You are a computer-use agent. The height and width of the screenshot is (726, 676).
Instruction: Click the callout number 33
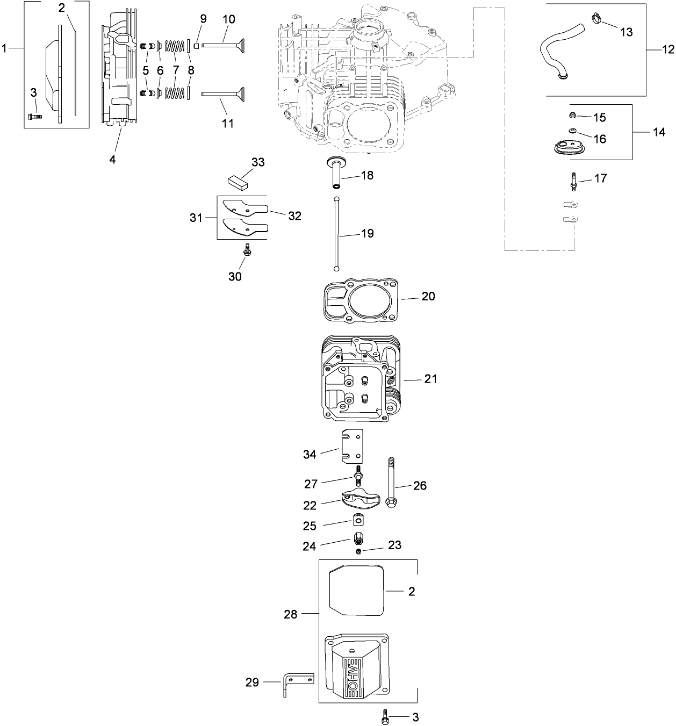pos(258,162)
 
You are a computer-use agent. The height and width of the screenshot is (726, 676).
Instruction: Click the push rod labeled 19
pos(336,234)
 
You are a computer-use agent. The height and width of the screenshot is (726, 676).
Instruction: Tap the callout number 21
pos(430,379)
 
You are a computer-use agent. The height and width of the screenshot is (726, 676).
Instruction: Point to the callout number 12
pos(667,49)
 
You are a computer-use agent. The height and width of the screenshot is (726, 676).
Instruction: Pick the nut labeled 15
pos(573,116)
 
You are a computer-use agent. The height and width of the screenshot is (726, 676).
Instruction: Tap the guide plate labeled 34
pos(353,446)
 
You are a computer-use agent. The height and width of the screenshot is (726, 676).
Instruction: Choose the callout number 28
pos(290,614)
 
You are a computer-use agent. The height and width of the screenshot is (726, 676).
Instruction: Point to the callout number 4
pos(112,160)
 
